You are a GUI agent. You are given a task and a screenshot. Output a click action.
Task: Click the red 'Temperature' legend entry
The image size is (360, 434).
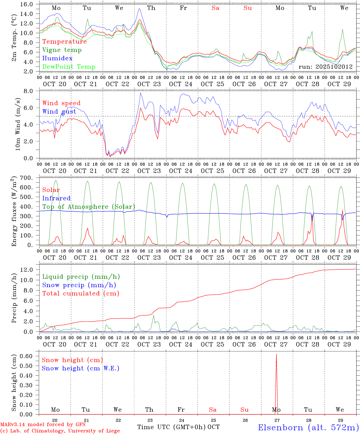click(x=65, y=42)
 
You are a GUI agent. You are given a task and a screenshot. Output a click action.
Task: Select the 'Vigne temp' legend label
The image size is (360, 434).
click(x=62, y=50)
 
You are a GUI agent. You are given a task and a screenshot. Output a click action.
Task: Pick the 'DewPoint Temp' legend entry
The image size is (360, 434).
click(x=69, y=67)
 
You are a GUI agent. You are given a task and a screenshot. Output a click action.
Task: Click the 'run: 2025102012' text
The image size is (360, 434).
click(x=325, y=67)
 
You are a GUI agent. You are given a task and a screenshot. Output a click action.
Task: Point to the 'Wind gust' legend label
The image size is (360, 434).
click(x=59, y=112)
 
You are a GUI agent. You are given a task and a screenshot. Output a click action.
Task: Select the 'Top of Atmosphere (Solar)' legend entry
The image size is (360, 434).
click(x=89, y=207)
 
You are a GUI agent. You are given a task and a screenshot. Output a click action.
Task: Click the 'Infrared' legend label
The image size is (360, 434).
click(x=56, y=198)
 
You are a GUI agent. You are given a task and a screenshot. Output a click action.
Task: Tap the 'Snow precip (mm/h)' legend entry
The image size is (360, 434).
click(x=79, y=285)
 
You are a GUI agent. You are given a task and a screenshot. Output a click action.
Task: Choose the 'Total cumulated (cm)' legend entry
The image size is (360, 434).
click(x=81, y=294)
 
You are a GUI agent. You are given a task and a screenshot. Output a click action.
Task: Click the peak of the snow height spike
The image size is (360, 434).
click(x=276, y=354)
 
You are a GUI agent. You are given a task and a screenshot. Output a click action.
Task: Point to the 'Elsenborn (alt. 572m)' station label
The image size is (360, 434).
click(x=308, y=427)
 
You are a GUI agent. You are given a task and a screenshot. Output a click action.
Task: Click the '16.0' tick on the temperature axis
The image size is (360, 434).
click(x=26, y=4)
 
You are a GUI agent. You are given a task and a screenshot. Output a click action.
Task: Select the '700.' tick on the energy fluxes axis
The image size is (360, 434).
click(x=26, y=178)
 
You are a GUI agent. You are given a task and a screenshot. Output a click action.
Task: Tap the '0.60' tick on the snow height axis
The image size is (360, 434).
click(x=26, y=356)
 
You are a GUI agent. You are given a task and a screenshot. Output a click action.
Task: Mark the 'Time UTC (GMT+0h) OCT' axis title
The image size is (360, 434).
click(x=178, y=427)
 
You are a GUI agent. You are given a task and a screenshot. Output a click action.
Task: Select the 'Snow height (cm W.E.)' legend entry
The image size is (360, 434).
click(x=81, y=368)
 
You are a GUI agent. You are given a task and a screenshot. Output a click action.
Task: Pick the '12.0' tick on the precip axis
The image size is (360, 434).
click(x=26, y=270)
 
